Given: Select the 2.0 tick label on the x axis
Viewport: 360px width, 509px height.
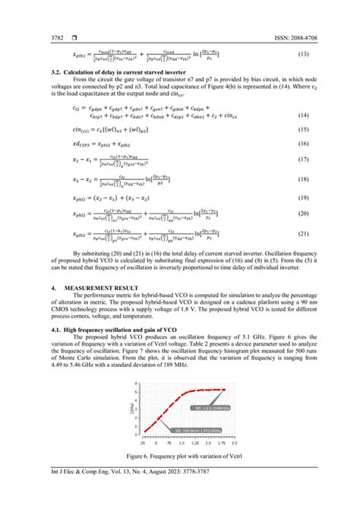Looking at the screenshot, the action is pos(233,441).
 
